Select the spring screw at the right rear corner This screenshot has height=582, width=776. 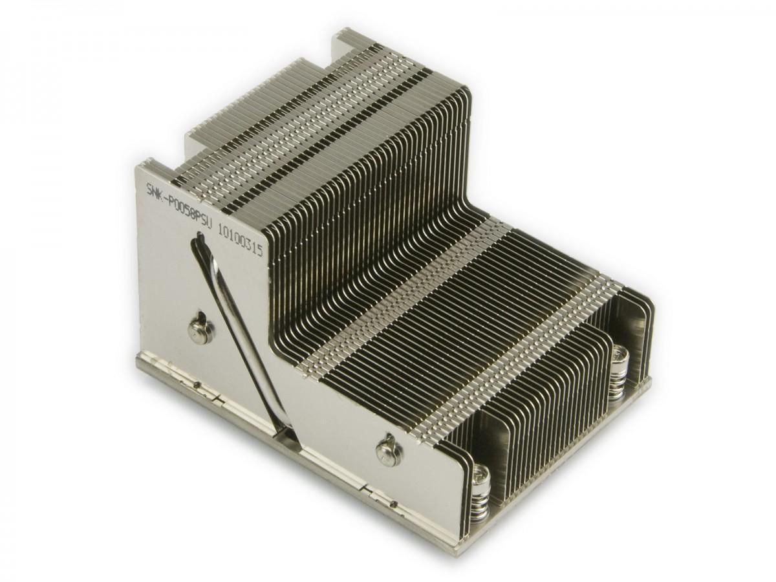620,356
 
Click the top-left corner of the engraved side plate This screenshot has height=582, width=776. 136,167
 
